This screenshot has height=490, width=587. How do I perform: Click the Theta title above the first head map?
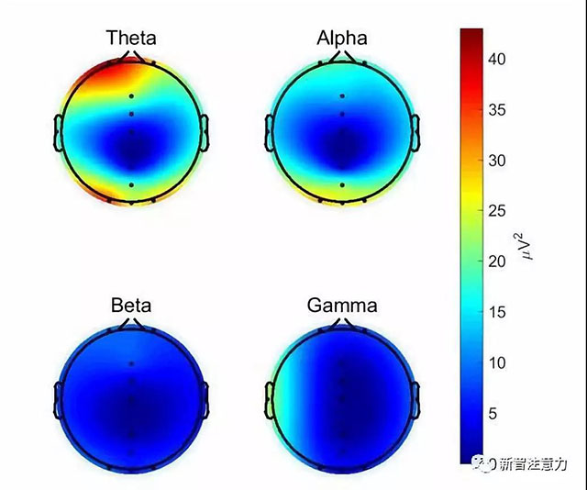point(130,38)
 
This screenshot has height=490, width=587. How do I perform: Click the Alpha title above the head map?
point(341,38)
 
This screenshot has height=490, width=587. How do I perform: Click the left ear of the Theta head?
point(60,134)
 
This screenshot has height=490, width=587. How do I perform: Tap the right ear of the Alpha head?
point(415,134)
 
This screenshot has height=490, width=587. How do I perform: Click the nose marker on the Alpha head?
point(341,57)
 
